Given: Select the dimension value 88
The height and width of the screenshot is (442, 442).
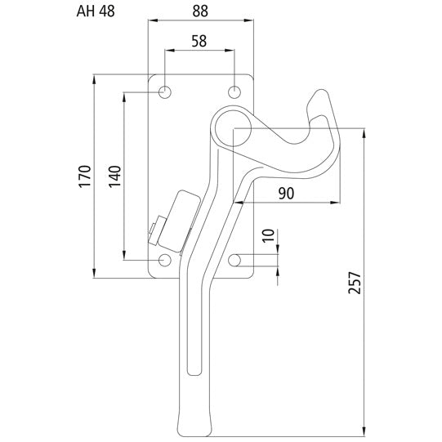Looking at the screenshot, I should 200,12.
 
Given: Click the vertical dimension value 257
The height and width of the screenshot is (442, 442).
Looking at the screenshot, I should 354,282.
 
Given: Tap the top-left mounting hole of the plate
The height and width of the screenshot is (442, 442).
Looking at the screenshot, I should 165,92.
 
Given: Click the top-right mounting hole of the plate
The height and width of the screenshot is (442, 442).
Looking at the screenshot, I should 235,92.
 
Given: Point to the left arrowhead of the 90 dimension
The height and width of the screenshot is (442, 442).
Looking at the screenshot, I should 237,200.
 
